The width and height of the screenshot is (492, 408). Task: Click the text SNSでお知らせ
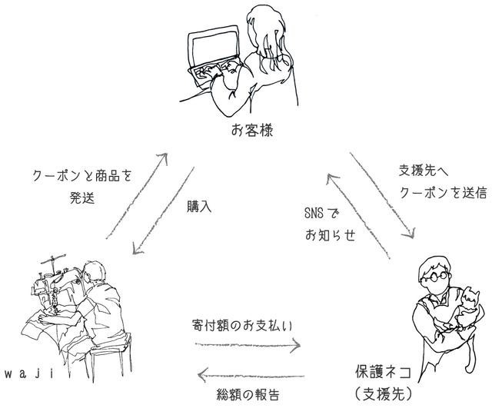click(327, 224)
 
